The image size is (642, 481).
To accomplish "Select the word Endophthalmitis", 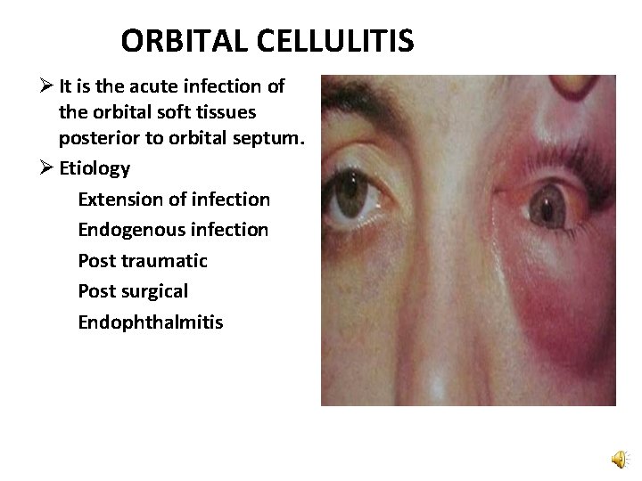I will pyautogui.click(x=151, y=321).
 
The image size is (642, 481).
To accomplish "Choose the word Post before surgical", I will pyautogui.click(x=97, y=290).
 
